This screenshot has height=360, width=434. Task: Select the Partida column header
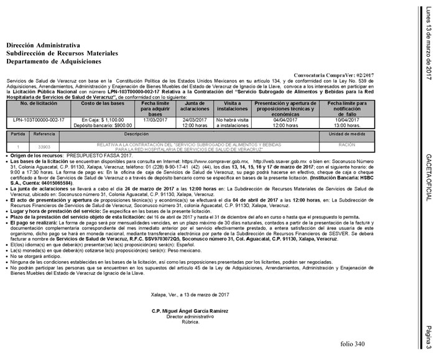pyautogui.click(x=19, y=134)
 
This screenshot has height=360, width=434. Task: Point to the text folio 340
pyautogui.click(x=353, y=344)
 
